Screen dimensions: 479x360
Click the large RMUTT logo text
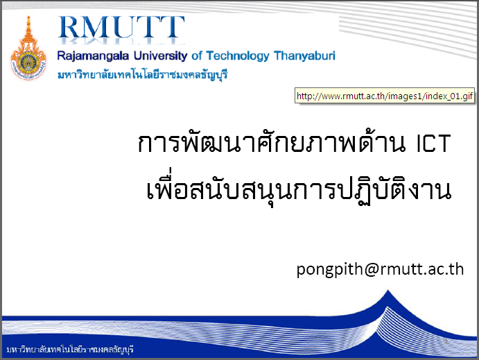(x=121, y=27)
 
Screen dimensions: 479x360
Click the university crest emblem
(x=28, y=49)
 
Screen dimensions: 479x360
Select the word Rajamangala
(x=93, y=56)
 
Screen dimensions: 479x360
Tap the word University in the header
(x=160, y=56)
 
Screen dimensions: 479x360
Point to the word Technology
(x=238, y=56)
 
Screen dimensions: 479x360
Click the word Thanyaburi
(x=304, y=56)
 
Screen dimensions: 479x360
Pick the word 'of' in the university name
(x=197, y=56)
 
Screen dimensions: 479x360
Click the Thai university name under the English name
(x=143, y=74)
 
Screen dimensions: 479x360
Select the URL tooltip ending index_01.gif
(x=385, y=96)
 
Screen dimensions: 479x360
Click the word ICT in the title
(x=434, y=143)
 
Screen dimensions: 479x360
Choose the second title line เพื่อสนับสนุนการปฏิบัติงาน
(x=299, y=187)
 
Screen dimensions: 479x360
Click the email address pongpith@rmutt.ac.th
(x=380, y=269)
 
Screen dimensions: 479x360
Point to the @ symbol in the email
(x=371, y=270)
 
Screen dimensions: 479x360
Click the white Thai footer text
(x=70, y=349)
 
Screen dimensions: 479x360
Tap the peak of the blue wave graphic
(x=388, y=291)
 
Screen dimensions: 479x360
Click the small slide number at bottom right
(x=446, y=341)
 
